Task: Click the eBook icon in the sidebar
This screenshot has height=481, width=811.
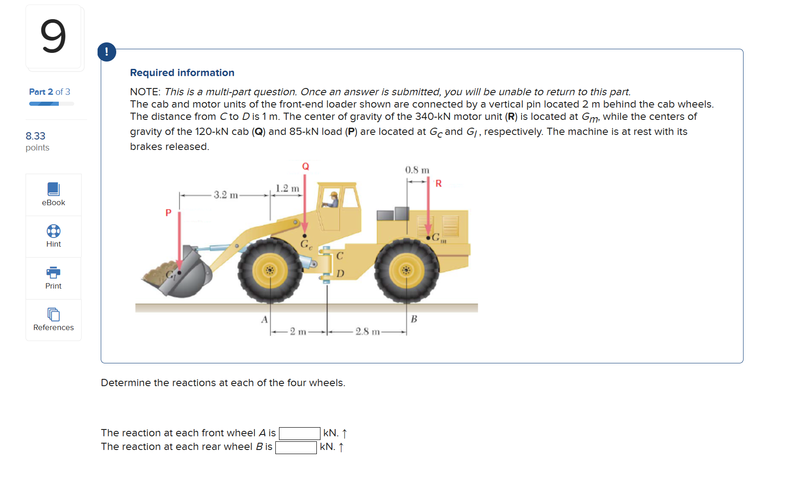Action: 53,189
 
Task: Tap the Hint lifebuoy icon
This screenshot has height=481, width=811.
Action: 53,231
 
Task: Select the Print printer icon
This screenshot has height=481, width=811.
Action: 53,273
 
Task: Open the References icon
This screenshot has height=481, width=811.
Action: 53,315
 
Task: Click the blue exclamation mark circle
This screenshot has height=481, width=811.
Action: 107,52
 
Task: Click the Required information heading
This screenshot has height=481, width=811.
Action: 182,73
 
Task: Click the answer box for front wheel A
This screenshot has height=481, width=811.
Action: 300,433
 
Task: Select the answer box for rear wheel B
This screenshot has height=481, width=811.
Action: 296,447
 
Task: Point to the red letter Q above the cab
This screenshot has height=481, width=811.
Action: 305,166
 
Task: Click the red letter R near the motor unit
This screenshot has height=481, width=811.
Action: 439,183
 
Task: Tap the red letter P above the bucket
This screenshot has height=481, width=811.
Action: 168,212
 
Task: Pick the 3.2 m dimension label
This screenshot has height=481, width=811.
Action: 226,195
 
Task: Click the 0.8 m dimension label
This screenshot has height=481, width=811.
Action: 417,170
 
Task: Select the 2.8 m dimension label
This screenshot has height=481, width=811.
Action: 367,331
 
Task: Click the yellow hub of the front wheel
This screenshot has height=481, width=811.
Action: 270,271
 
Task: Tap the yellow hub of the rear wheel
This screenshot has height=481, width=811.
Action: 406,271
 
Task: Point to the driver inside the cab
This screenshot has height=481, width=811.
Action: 332,200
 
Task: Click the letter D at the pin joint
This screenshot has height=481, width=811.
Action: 340,274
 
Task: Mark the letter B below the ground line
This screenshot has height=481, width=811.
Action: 414,319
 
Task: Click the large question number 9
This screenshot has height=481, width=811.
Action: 53,36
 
